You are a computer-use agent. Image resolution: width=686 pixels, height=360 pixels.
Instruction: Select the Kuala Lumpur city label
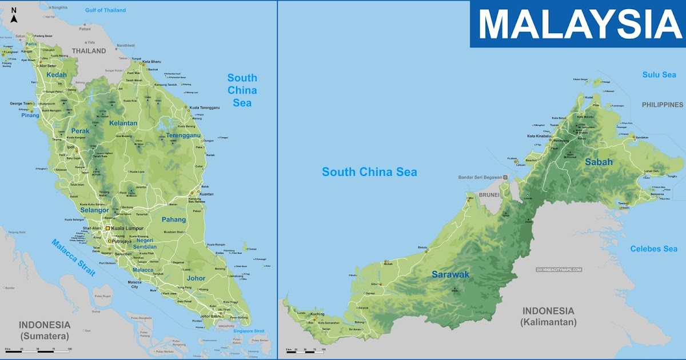coord(127,229)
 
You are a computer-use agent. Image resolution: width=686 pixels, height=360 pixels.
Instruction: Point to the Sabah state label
coord(599,162)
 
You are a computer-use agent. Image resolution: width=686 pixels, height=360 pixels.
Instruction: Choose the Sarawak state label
coord(450,275)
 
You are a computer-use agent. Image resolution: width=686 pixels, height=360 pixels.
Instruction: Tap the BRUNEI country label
coord(489,195)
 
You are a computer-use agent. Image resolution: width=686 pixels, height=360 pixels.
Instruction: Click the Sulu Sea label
coord(659,75)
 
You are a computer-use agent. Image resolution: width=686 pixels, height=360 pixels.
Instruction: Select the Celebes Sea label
coord(653,249)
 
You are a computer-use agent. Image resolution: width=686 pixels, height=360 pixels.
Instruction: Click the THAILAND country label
coord(89,51)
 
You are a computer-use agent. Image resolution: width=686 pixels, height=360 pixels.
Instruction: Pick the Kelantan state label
coord(123,123)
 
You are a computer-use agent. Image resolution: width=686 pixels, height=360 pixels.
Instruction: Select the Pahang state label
coord(174,219)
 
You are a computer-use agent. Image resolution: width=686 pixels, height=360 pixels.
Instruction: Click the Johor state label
coord(196,278)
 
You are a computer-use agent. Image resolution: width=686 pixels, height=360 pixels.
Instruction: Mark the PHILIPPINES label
coord(662,105)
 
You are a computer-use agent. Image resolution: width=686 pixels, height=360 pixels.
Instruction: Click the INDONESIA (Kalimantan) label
coord(548,316)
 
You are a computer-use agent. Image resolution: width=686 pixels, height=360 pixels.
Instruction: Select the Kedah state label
coord(57,75)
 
